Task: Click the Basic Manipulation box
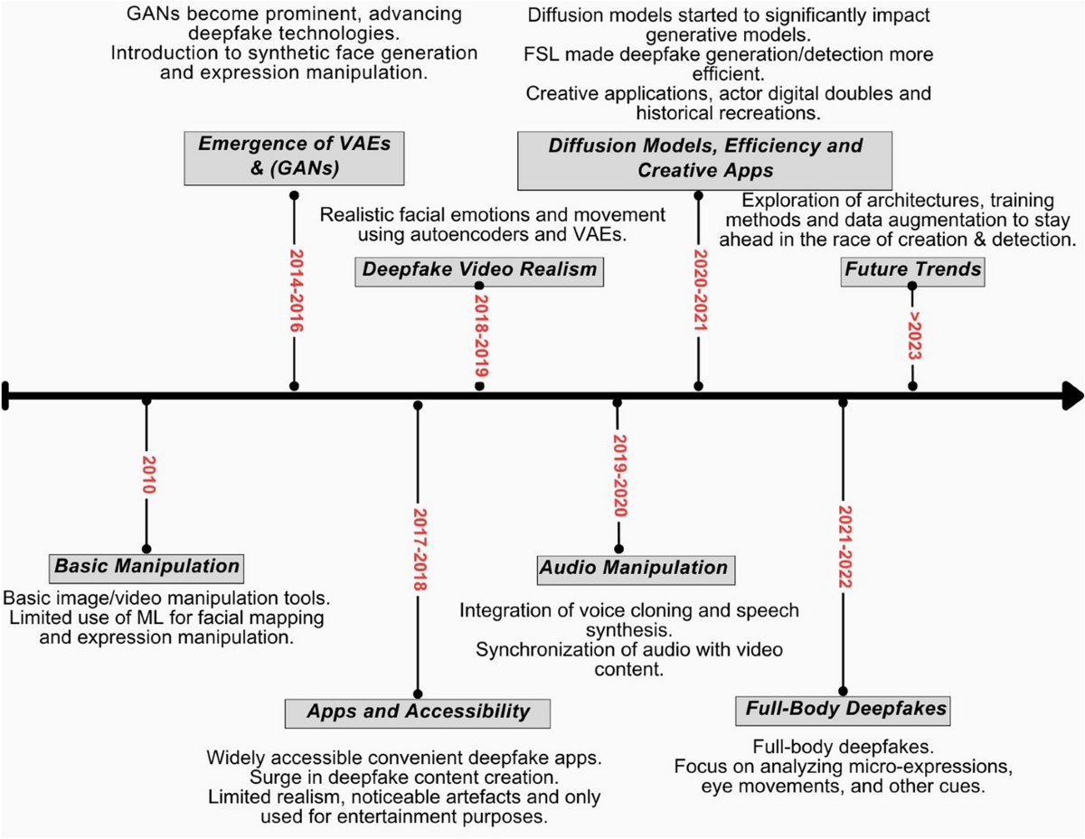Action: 147,568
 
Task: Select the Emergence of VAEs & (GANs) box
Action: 293,155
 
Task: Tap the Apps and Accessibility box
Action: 417,712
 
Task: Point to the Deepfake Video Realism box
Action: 479,269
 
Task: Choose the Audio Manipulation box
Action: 633,569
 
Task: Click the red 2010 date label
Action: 147,472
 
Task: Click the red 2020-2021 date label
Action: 698,288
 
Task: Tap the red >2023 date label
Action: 913,337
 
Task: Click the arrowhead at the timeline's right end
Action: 1072,394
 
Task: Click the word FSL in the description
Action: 542,55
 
